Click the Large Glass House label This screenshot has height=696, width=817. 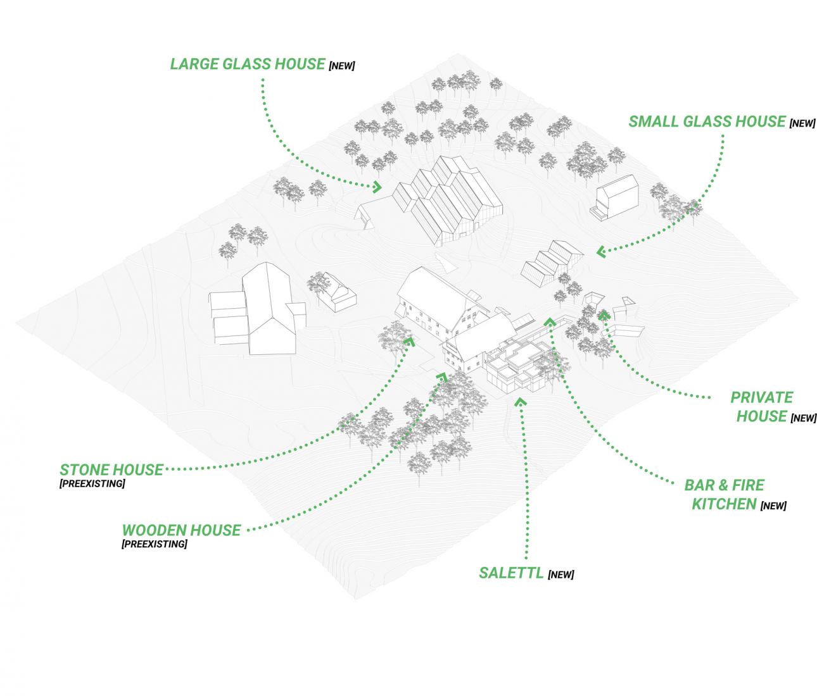(247, 64)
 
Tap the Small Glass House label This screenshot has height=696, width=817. (707, 121)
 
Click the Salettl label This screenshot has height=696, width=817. (511, 573)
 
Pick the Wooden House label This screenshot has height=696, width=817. (181, 530)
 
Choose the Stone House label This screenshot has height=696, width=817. (111, 470)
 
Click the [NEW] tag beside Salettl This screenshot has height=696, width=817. (561, 575)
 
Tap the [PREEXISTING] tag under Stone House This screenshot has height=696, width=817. (92, 484)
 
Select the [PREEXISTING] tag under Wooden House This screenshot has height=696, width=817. (155, 544)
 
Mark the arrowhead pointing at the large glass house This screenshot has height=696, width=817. (377, 186)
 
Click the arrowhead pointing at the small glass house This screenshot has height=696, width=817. (600, 252)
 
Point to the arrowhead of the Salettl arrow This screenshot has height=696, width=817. (521, 401)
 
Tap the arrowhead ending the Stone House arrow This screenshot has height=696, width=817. (408, 342)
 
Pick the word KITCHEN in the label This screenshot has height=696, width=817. (724, 504)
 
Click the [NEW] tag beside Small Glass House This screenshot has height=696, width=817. (802, 124)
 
